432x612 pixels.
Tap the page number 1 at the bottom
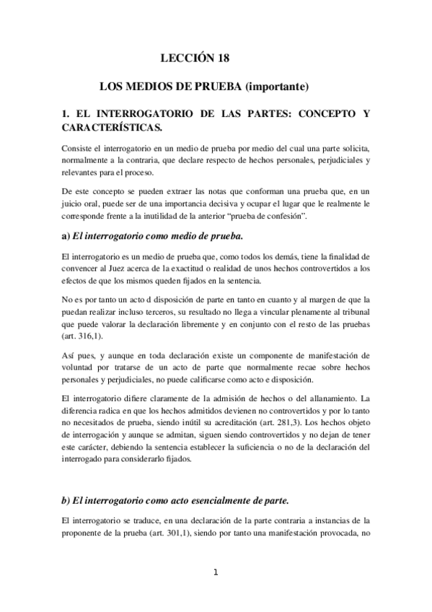click(216, 573)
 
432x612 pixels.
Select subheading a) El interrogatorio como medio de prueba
click(153, 236)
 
